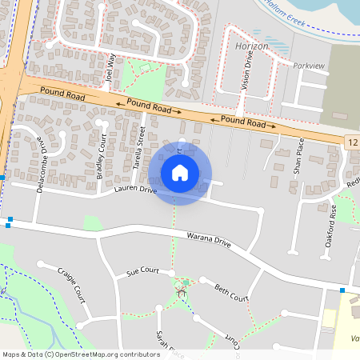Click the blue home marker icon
coord(180,172)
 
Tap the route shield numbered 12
coord(352,142)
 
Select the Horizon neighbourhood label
coord(254,47)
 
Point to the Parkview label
coord(311,66)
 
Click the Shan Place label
coord(298,157)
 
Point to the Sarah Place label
coord(170,344)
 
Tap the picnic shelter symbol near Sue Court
coord(181,292)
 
